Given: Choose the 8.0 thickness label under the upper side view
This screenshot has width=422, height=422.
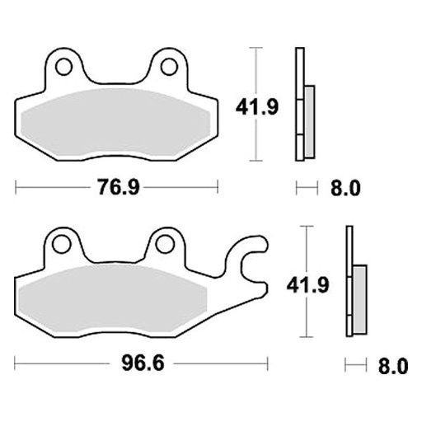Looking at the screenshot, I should [x=345, y=189].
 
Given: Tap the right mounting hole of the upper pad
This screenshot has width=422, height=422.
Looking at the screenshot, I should [x=170, y=66].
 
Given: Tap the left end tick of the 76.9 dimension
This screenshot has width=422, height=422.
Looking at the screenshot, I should [x=16, y=189].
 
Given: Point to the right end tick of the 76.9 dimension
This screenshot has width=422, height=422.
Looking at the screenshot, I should [x=219, y=189].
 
